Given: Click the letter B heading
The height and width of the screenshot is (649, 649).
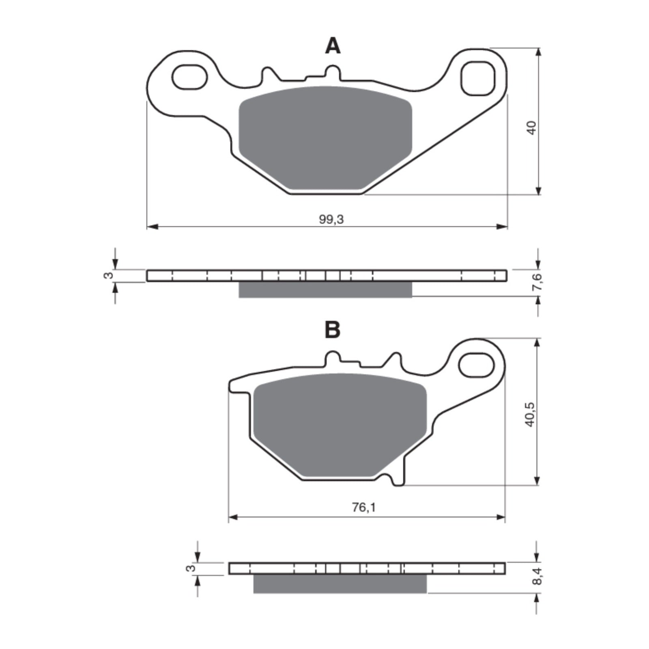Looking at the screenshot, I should (x=333, y=331).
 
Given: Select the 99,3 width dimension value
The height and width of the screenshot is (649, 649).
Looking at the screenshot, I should (x=331, y=219).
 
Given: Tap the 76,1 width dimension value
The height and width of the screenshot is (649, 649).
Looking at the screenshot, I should (x=363, y=507).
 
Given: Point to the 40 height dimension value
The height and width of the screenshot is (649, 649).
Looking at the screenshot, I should (x=532, y=128).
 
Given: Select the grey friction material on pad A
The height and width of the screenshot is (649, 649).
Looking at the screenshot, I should (x=324, y=138).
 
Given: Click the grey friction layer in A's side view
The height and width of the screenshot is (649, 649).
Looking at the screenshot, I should (x=324, y=290).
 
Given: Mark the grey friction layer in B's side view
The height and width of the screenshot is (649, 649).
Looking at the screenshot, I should (x=340, y=584).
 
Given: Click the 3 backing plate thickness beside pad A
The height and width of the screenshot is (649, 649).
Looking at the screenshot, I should (x=108, y=276).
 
